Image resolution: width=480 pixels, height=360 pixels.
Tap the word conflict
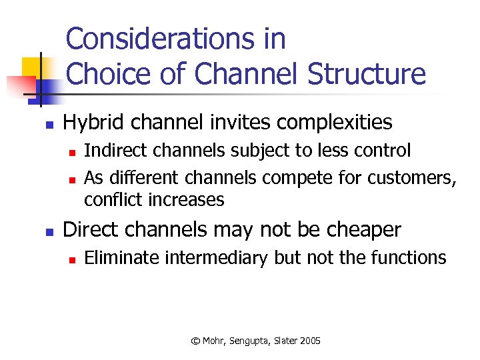tap(115, 199)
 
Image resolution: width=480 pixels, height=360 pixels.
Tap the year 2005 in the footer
tap(310, 341)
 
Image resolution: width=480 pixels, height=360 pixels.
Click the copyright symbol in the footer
tap(195, 341)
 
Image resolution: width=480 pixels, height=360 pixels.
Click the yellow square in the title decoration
tap(31, 67)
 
